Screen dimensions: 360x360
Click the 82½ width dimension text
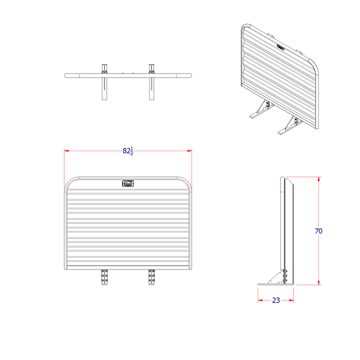[x=128, y=151]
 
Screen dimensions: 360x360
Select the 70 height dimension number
[x=318, y=231]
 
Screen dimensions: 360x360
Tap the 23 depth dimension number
[x=276, y=300]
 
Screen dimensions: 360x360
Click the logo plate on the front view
[x=128, y=183]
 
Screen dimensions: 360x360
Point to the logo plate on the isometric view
[x=281, y=46]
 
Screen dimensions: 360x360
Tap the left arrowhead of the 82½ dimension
[x=67, y=151]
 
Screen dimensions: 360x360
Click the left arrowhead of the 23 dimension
[x=260, y=300]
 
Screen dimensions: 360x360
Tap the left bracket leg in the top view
[x=105, y=87]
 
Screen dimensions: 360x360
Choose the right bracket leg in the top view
[x=152, y=87]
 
